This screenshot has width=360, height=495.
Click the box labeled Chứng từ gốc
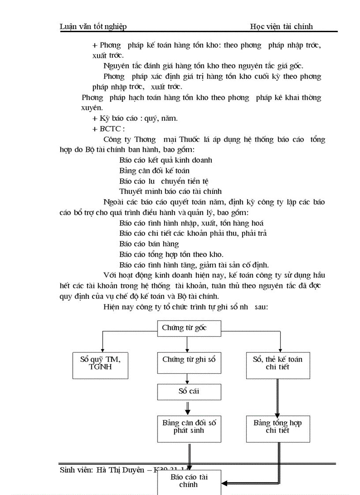tap(184, 328)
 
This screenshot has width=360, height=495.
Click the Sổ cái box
tap(189, 392)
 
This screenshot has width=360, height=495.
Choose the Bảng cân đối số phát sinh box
tap(189, 428)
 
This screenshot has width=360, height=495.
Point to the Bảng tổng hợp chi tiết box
tap(277, 428)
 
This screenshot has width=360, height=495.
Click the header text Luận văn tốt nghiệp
tap(93, 26)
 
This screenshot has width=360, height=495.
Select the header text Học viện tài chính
tap(281, 26)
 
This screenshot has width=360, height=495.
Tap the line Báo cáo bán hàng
tap(149, 244)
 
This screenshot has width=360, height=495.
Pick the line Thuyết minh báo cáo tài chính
tap(170, 191)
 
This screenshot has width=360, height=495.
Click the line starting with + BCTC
tap(109, 129)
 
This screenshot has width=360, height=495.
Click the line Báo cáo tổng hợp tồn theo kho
tap(171, 254)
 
